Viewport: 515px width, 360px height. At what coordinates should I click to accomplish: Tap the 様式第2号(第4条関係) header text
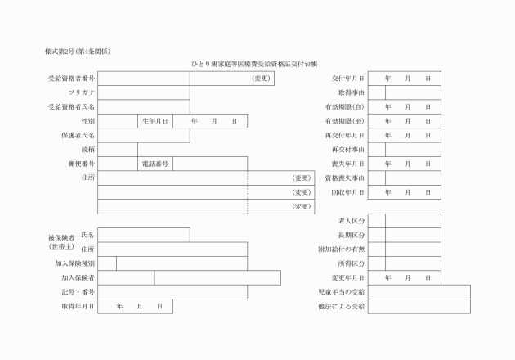click(x=78, y=52)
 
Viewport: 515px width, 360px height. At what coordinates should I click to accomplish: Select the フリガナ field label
click(x=80, y=92)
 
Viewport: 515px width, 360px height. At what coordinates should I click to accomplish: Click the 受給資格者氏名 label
click(x=71, y=106)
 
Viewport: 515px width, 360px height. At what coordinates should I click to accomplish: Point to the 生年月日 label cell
click(x=155, y=120)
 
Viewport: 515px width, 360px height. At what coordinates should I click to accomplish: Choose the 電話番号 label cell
click(x=155, y=164)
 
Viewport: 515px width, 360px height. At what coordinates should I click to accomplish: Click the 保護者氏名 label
click(x=78, y=135)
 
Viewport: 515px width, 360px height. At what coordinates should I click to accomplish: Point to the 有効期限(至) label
click(x=344, y=120)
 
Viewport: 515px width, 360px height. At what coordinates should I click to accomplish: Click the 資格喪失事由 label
click(x=344, y=178)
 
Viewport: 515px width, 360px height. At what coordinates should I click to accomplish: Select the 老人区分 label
click(x=351, y=221)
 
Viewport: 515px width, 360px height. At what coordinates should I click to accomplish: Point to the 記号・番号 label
click(x=78, y=292)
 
